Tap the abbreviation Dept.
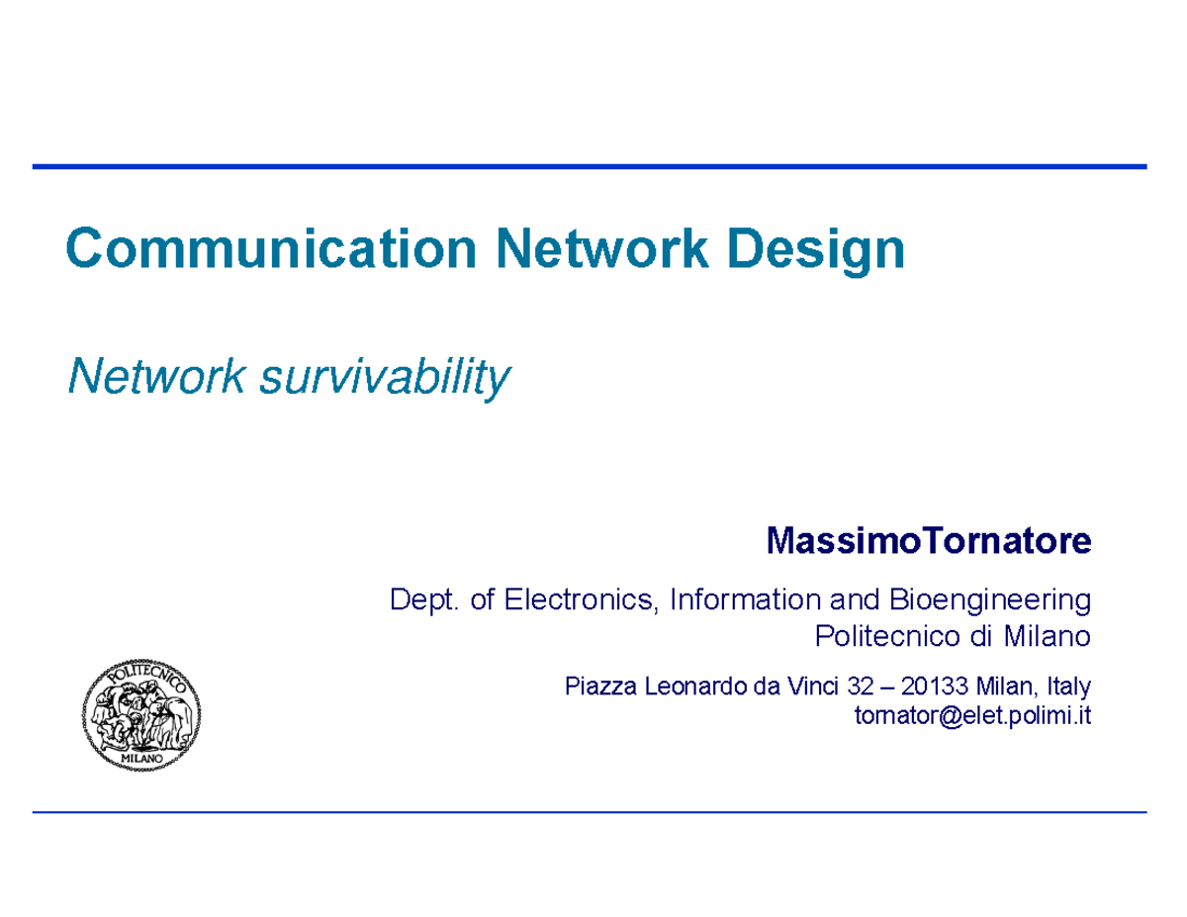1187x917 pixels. point(425,599)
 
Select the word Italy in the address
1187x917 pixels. point(1066,686)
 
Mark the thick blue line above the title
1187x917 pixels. point(590,167)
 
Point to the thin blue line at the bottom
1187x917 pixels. point(590,812)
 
